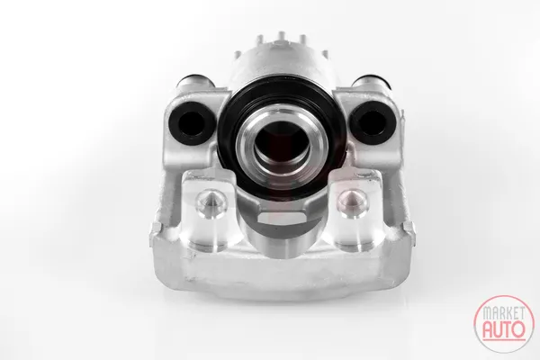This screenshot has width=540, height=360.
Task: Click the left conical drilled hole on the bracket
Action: tap(211, 204)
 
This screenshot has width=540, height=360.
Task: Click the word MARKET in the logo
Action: tap(503, 313)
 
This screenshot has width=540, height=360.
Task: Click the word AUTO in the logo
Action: tap(504, 329)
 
